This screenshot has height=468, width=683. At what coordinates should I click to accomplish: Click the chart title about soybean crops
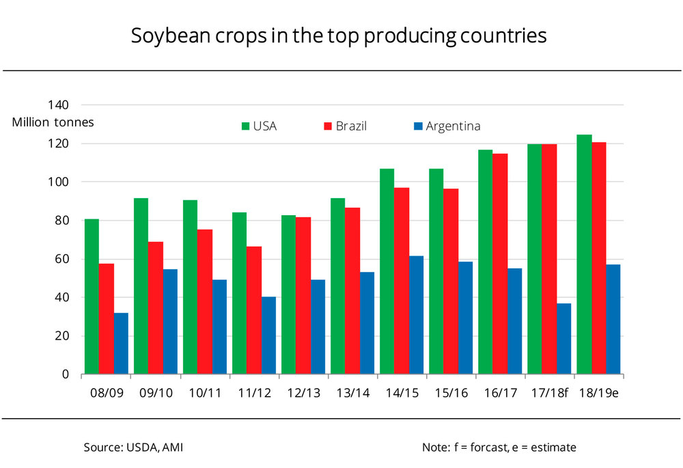(x=339, y=36)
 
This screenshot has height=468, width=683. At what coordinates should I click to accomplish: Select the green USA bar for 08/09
(x=92, y=297)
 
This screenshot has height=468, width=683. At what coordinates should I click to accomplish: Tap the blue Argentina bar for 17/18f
(x=564, y=339)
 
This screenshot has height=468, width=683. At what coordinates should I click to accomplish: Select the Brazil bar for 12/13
(x=303, y=296)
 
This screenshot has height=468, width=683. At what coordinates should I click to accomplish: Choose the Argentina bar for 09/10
(x=170, y=322)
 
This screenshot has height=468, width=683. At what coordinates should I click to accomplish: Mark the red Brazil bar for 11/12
(x=253, y=310)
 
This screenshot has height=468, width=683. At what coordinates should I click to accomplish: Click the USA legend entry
(x=259, y=126)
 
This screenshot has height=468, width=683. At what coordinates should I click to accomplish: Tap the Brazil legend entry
(x=346, y=126)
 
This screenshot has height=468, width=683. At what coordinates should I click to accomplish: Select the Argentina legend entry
(x=447, y=126)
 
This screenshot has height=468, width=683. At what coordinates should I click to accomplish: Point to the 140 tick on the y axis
(x=58, y=105)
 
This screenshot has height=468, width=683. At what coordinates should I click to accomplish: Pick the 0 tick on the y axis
(x=66, y=374)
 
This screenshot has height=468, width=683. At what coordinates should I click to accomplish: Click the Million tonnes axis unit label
(x=53, y=122)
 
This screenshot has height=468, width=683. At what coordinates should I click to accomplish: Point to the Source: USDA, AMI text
(x=133, y=448)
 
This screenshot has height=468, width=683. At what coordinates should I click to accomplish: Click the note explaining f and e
(x=499, y=448)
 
